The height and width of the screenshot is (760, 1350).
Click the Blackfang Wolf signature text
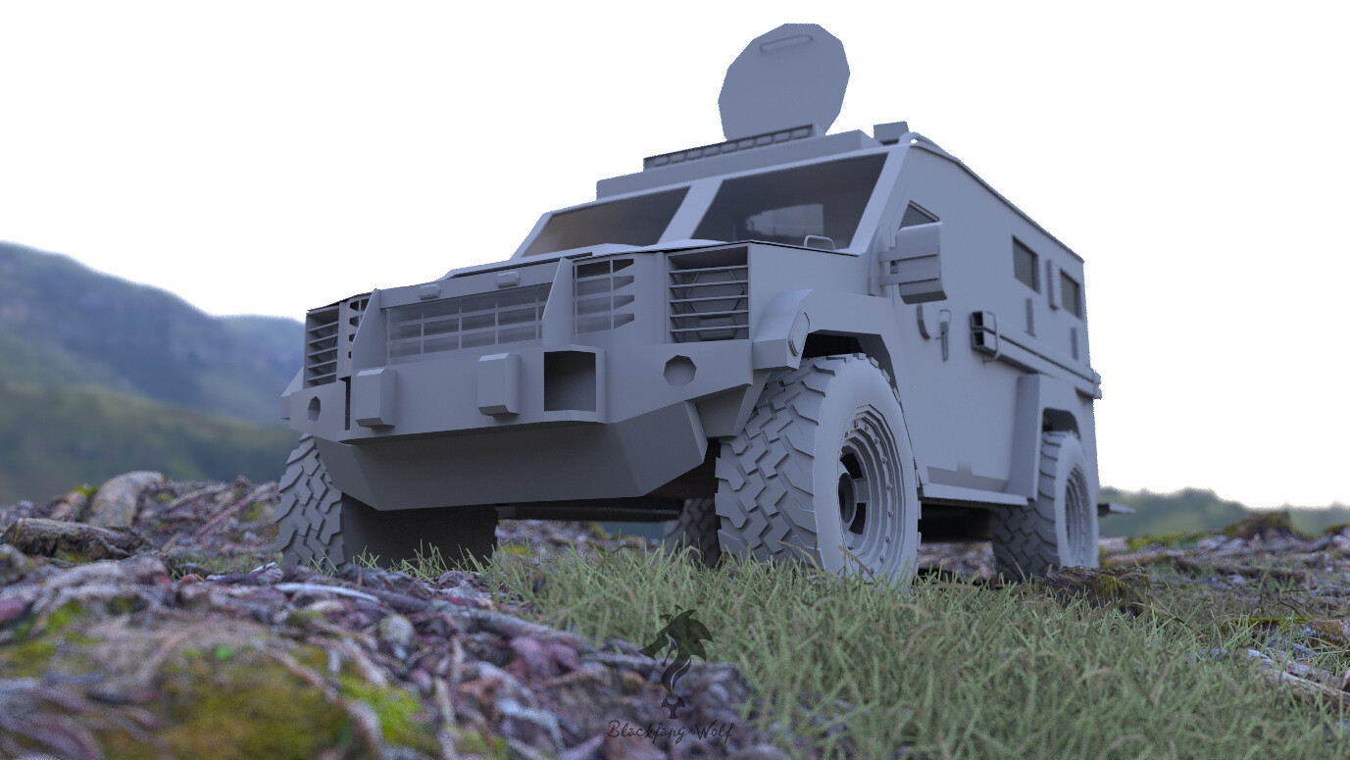tap(670, 731)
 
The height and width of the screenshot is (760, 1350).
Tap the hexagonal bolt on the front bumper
tap(679, 370)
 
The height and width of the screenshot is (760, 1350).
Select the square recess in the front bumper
tap(570, 380)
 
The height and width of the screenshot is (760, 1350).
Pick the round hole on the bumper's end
tap(313, 408)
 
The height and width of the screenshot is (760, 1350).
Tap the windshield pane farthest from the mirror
tap(605, 222)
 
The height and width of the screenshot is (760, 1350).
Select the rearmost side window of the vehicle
tap(1071, 293)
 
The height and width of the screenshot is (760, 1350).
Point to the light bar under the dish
tap(728, 146)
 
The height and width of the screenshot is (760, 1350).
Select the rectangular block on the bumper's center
tap(499, 383)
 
